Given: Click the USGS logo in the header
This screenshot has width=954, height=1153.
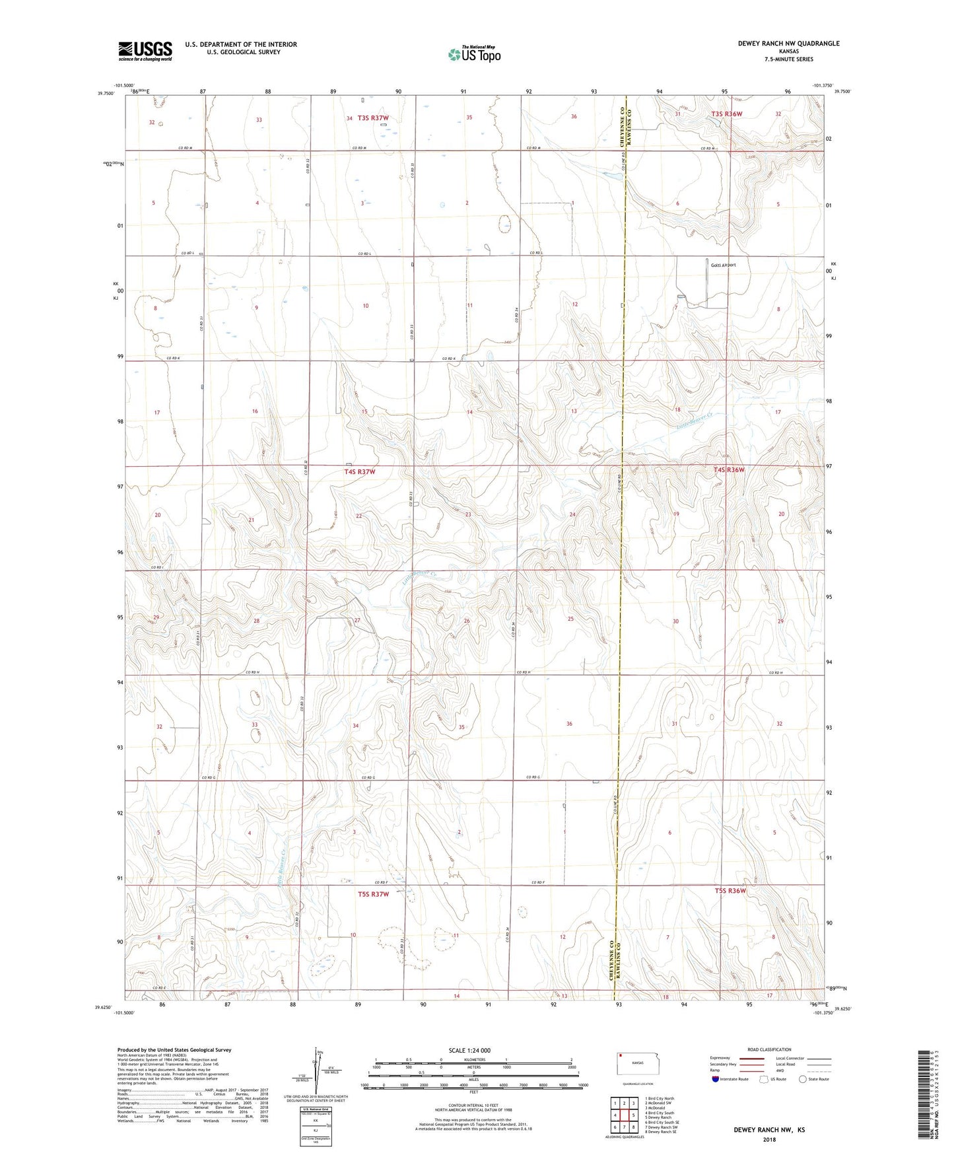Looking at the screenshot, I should [x=145, y=50].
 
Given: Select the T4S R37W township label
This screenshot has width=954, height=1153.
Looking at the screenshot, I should [x=360, y=472].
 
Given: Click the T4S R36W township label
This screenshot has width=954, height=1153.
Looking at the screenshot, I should [x=729, y=470].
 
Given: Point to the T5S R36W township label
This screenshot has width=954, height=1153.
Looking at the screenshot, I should [x=730, y=890].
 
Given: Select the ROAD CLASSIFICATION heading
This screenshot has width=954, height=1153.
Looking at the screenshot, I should [x=769, y=1049].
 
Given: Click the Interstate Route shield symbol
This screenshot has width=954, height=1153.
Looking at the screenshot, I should [x=716, y=1080].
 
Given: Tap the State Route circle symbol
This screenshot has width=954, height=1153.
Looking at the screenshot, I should [x=803, y=1080].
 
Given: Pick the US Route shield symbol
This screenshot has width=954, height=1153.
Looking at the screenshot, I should [x=764, y=1080].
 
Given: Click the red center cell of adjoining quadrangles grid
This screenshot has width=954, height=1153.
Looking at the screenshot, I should [x=624, y=1115].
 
